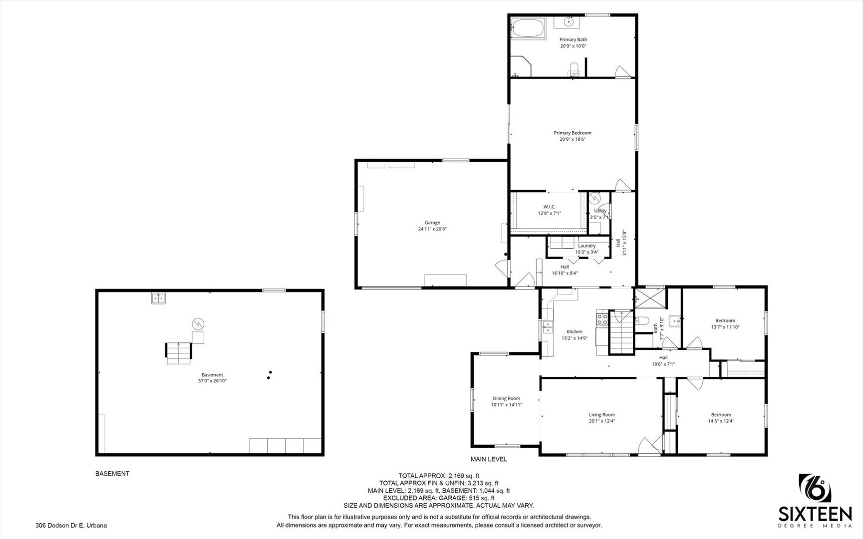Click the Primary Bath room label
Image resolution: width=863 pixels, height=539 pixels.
click(573, 39)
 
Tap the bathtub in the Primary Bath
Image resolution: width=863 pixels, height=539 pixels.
click(529, 28)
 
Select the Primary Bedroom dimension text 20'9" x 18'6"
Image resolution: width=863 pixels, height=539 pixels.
click(573, 140)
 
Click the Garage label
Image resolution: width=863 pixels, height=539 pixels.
click(432, 223)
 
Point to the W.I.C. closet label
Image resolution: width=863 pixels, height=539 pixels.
click(550, 207)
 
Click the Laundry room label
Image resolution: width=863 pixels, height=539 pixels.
click(586, 246)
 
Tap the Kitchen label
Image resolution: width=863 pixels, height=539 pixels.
click(575, 331)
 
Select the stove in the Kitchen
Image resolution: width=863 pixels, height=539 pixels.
click(602, 317)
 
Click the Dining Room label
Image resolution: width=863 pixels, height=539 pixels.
click(507, 398)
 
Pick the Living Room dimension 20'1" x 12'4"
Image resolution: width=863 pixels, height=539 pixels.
click(602, 421)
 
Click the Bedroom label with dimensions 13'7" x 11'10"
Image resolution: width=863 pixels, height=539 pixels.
click(725, 320)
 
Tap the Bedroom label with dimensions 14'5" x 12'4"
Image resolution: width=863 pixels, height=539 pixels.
click(721, 414)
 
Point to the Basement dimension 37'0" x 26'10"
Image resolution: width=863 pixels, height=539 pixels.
click(212, 381)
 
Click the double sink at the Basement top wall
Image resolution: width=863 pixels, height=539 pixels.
click(159, 298)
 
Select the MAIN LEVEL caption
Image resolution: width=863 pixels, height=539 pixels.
click(489, 459)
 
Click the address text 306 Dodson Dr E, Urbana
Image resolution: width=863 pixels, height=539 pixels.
click(71, 525)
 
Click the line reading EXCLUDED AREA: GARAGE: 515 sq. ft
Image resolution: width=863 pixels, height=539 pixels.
click(439, 498)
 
